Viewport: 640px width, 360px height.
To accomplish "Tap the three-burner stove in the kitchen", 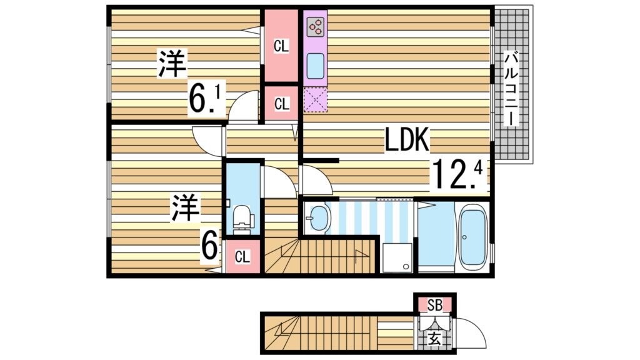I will tap(316, 26).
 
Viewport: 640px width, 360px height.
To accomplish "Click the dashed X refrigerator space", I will tap(316, 99).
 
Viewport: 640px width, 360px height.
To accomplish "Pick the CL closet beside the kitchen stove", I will tap(281, 46).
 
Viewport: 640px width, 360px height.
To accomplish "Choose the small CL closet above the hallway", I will tap(281, 104).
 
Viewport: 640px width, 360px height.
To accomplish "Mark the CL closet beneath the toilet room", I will tap(242, 256).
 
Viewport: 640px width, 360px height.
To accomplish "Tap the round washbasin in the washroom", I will tap(318, 218).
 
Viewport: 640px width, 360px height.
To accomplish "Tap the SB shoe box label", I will tap(435, 305).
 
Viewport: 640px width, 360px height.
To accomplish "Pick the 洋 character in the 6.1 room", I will tap(172, 64).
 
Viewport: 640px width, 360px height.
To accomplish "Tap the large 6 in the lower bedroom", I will tap(210, 244).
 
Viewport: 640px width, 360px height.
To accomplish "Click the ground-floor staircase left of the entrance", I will tap(319, 332).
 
